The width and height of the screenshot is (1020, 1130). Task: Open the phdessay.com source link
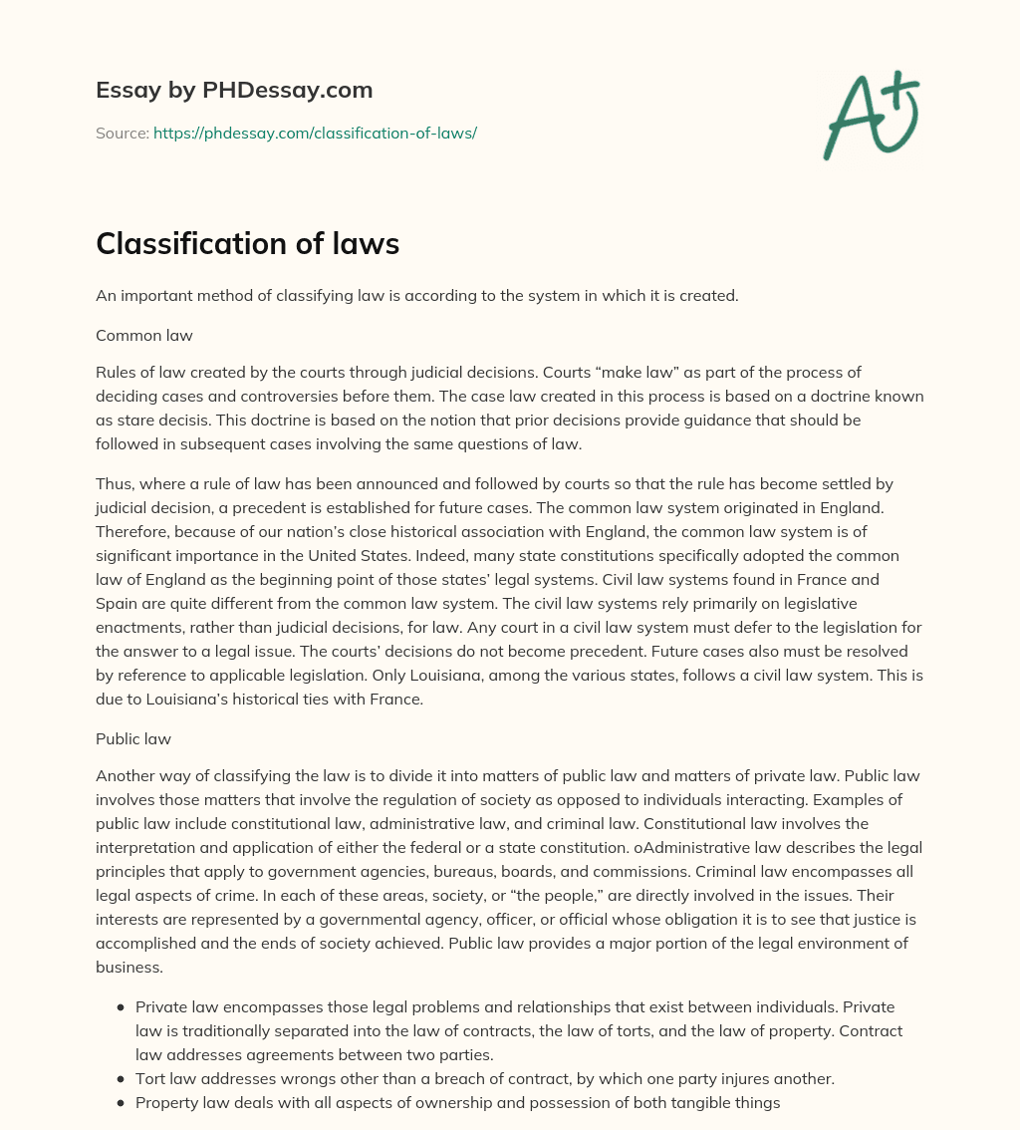point(315,133)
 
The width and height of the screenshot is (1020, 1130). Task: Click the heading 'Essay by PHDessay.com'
point(234,90)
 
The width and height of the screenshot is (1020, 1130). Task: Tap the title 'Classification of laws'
point(247,244)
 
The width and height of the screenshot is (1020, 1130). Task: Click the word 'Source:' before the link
point(123,133)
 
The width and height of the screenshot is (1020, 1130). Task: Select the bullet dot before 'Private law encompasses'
point(121,1007)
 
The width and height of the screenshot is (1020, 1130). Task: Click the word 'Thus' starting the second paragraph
point(113,484)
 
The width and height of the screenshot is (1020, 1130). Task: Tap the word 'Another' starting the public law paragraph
point(126,776)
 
